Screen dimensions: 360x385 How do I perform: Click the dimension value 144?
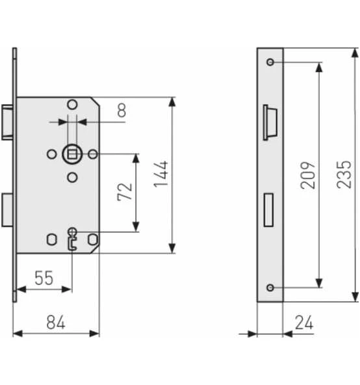(161, 174)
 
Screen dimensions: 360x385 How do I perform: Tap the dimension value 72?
(125, 192)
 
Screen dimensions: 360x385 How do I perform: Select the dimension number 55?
(44, 278)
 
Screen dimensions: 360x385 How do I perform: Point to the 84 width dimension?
(56, 322)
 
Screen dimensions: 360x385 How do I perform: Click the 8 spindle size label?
(122, 111)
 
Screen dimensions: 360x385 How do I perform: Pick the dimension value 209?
(308, 176)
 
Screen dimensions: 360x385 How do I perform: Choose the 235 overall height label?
(344, 174)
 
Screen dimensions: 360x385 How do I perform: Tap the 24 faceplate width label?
(304, 323)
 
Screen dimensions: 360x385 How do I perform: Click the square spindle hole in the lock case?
(72, 154)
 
